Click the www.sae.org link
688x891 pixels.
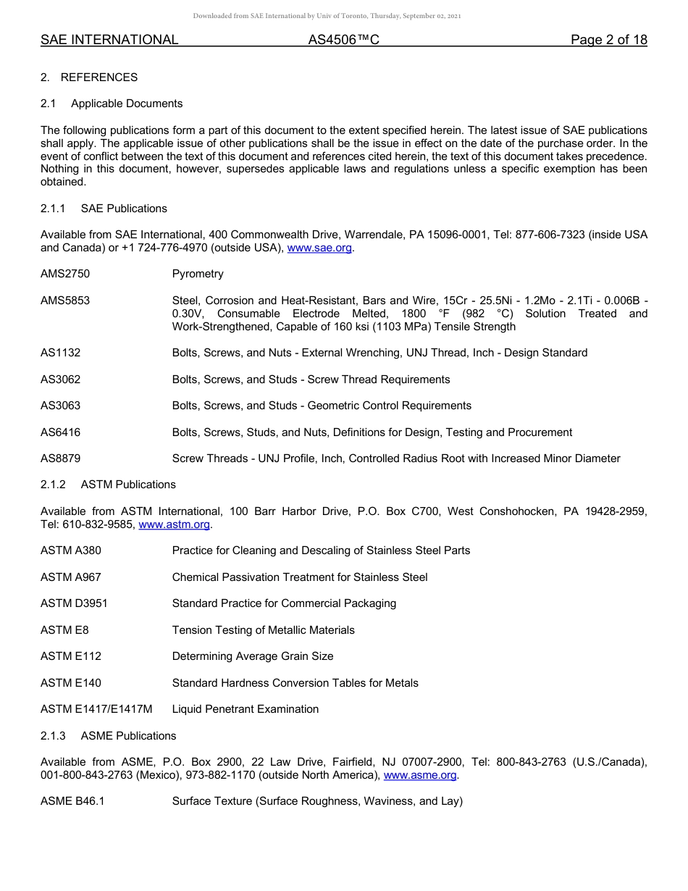[319, 248]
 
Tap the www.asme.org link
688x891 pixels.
[420, 775]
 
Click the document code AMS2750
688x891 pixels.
[65, 274]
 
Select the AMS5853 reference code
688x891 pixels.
[65, 301]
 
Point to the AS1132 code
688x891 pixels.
[61, 353]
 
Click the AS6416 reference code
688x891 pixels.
[61, 432]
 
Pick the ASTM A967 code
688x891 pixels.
[71, 577]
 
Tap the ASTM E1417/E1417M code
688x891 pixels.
[96, 709]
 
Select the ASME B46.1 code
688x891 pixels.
[72, 801]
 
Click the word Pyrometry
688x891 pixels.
[198, 274]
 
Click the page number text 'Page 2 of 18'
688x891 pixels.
[608, 40]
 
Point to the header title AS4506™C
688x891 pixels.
[343, 40]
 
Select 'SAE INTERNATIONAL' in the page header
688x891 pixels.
[109, 40]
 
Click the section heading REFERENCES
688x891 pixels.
[98, 78]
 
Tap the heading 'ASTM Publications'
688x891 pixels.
[128, 485]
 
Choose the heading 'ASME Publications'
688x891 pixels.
[128, 736]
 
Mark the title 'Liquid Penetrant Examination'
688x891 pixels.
[246, 709]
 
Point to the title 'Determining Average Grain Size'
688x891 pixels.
[253, 656]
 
